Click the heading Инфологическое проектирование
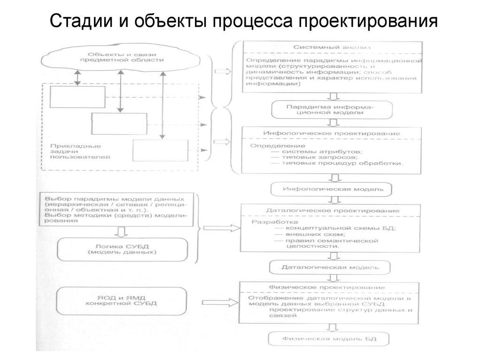coord(332,133)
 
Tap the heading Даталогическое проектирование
coord(333,211)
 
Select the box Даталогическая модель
coord(330,267)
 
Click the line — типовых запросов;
coord(310,157)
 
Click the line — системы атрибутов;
coord(316,151)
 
